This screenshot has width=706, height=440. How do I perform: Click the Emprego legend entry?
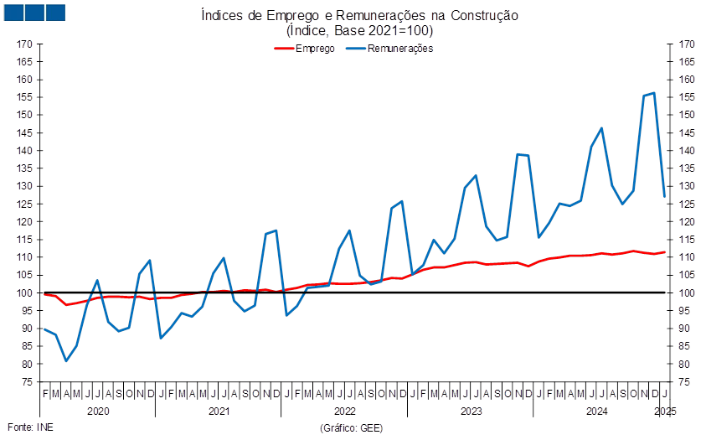coord(305,48)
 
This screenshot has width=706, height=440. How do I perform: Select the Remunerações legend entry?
coord(390,48)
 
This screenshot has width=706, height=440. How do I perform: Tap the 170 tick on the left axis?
coord(24,44)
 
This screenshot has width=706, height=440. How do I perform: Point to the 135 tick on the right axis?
coord(687,168)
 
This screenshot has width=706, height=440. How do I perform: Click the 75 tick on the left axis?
coord(27,382)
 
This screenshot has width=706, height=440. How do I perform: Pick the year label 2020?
coord(98,412)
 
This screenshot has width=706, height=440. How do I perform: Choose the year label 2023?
coord(471,412)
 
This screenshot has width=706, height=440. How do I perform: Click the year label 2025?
coord(665,412)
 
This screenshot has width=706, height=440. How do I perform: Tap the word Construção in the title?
coord(484,15)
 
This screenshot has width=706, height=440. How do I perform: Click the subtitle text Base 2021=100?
coord(382,31)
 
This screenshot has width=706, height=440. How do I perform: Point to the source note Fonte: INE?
coord(31,427)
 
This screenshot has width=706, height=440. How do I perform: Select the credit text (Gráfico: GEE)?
coord(352,427)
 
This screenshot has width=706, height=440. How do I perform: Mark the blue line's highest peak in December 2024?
coord(654,93)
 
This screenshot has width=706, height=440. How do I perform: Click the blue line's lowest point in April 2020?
coord(66,360)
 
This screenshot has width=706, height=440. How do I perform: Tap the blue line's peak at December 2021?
coord(276,230)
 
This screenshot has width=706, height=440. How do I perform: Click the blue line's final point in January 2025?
coord(665,196)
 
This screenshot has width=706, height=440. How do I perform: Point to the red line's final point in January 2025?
coord(665,252)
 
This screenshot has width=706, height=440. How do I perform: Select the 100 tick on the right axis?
coord(687,293)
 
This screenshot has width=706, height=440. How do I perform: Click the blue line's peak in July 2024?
coord(601,128)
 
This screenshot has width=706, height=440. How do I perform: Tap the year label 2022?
coord(345,412)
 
